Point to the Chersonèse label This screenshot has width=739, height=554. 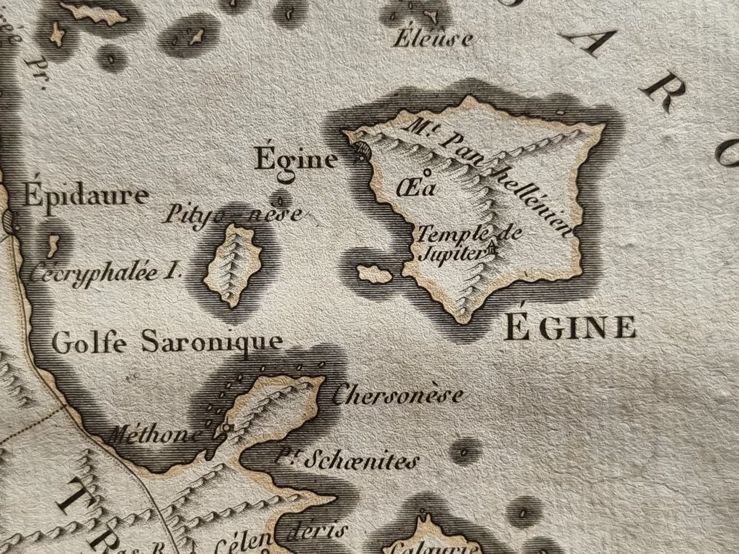click(396, 395)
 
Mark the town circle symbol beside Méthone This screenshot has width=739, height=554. click(226, 428)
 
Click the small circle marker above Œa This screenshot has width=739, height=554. click(426, 173)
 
